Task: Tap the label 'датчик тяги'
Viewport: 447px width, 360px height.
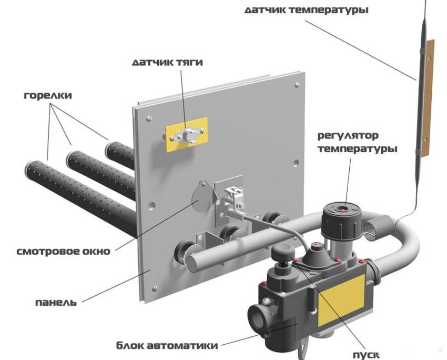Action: pos(167,63)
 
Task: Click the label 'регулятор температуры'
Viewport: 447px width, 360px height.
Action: pos(356,142)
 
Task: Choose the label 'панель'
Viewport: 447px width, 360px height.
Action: pos(56,302)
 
